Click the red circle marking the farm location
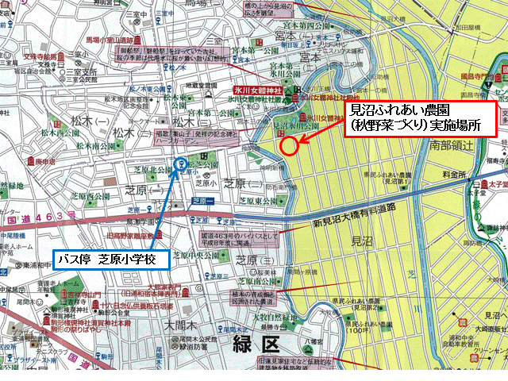(x=290, y=145)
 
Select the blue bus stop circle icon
(x=180, y=165)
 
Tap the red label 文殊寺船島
(x=39, y=57)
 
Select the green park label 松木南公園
(x=94, y=146)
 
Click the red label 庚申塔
(x=28, y=161)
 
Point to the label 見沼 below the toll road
(x=361, y=239)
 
